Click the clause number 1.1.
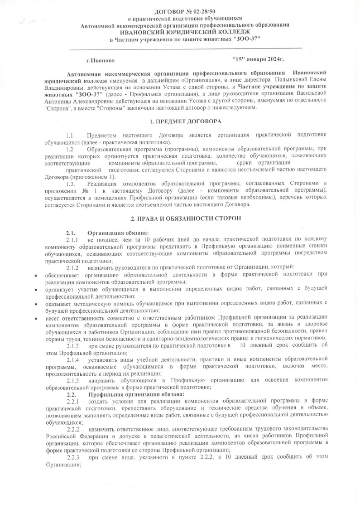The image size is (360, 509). pos(70,136)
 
